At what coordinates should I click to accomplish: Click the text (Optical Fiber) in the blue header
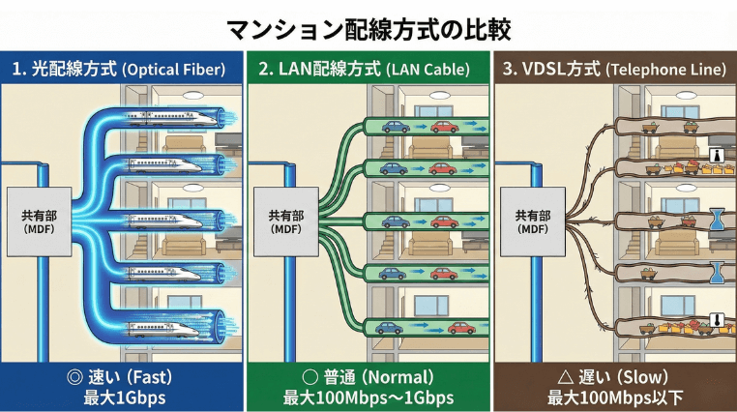coord(173,70)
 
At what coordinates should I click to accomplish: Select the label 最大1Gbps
coord(122,397)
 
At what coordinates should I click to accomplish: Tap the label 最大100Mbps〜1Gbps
coord(368,397)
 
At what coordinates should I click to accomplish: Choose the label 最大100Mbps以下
coord(613,397)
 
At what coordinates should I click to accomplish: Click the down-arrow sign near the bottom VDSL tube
coord(717,320)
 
